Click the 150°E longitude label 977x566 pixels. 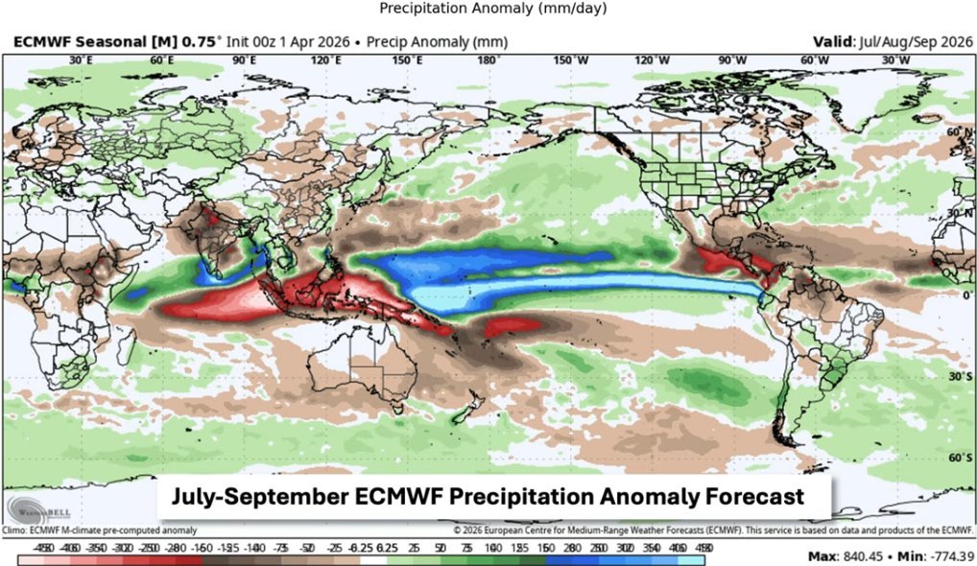tap(408, 60)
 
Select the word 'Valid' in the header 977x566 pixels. tap(831, 42)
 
